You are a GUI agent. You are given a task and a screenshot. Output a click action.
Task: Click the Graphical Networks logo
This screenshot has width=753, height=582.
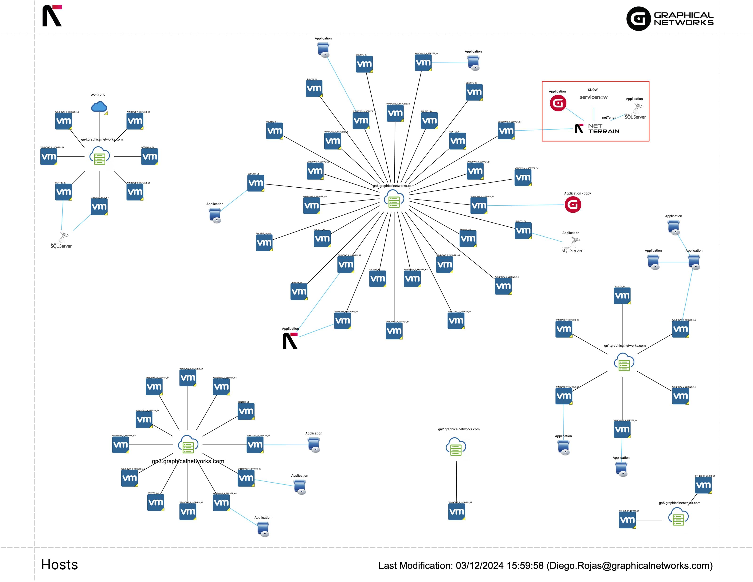670,19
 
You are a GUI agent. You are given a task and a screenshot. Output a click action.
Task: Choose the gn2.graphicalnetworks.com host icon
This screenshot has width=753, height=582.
456,447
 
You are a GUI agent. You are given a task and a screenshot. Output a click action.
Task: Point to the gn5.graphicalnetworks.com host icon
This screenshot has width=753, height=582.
678,517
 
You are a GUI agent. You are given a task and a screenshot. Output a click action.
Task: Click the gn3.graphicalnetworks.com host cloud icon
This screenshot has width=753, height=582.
188,445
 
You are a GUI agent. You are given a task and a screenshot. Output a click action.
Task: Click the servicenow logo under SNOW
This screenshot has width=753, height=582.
593,97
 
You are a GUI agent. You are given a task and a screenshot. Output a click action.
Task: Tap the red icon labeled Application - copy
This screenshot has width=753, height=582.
573,205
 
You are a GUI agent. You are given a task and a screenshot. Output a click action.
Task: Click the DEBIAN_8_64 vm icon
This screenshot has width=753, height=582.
150,157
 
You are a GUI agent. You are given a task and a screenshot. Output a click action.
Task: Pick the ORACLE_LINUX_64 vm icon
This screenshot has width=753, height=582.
99,207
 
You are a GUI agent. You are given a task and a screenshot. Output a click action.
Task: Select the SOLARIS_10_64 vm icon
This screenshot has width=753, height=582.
264,243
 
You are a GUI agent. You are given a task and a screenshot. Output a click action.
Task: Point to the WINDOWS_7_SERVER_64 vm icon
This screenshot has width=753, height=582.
456,321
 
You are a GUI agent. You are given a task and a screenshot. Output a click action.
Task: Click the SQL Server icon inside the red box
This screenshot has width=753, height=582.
635,112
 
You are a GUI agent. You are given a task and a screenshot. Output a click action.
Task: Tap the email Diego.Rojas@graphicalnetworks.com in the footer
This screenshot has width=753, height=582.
631,566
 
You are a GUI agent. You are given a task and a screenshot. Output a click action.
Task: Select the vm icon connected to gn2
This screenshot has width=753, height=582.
456,512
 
